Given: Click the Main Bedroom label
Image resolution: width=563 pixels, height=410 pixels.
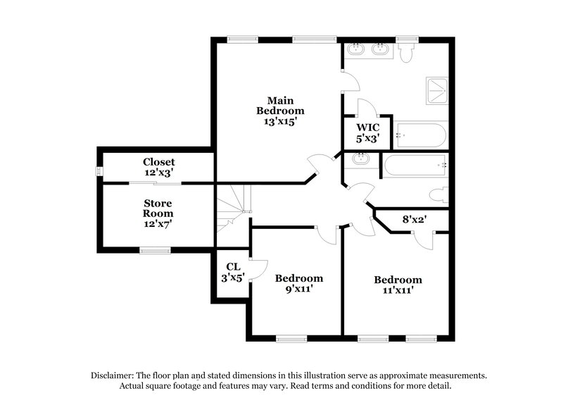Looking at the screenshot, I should (x=280, y=105).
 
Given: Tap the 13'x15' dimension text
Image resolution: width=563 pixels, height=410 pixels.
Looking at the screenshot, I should (x=280, y=121).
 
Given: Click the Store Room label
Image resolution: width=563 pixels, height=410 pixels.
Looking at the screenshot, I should (x=158, y=208).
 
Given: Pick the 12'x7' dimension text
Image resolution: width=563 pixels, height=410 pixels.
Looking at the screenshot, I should (x=158, y=224).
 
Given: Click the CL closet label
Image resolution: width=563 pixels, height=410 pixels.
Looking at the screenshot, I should (x=232, y=267).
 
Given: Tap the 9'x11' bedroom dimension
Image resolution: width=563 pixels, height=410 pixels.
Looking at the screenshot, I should (x=298, y=289).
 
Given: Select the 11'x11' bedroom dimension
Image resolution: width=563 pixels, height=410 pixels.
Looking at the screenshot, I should (x=398, y=290).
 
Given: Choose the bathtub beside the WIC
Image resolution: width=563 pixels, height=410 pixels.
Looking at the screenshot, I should (x=420, y=135).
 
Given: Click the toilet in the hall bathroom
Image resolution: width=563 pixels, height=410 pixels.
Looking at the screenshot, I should (x=437, y=194).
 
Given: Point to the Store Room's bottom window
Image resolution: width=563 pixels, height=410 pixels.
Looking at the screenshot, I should (x=154, y=249).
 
